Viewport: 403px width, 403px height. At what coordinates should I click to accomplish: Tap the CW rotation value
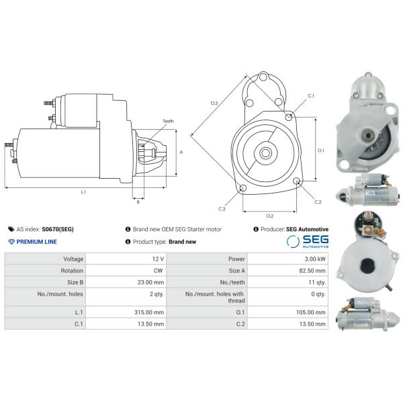click(x=159, y=271)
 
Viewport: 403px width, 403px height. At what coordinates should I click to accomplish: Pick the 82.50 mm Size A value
click(x=312, y=271)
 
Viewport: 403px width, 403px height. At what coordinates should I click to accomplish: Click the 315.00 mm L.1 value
click(x=149, y=312)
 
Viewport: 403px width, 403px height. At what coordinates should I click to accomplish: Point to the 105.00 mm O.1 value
click(x=311, y=312)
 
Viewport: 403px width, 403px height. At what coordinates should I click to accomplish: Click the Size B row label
click(x=75, y=282)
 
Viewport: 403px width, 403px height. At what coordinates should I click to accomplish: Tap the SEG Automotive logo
click(x=308, y=241)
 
